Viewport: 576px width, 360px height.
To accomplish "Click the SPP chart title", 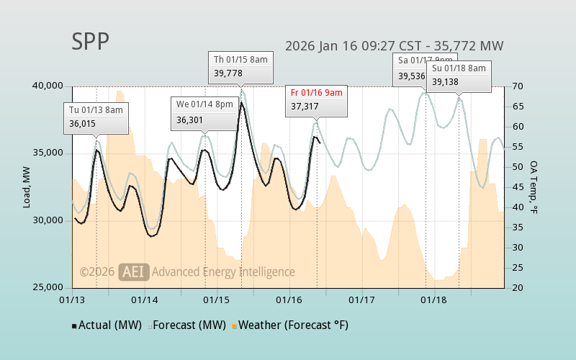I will point(91,42).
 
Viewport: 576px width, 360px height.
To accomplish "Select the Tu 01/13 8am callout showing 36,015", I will point(96,117).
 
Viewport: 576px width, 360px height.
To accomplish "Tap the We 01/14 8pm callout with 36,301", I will point(204,112).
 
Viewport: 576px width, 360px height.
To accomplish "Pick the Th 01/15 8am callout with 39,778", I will point(242,66).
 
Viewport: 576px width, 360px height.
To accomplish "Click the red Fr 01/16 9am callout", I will point(316,99).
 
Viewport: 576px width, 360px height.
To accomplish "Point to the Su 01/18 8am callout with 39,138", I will point(459,75).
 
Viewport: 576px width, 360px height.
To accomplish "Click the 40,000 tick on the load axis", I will point(48,86).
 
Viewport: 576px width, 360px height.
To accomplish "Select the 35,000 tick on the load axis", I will point(48,153).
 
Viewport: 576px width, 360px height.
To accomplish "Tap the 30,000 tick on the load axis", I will point(48,220).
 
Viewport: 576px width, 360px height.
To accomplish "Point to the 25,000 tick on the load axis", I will point(48,287).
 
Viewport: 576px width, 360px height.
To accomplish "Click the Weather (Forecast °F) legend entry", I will point(289,325).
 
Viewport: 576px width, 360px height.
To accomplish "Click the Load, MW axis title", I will point(27,186).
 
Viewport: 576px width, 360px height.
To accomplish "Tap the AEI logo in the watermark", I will point(134,271).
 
